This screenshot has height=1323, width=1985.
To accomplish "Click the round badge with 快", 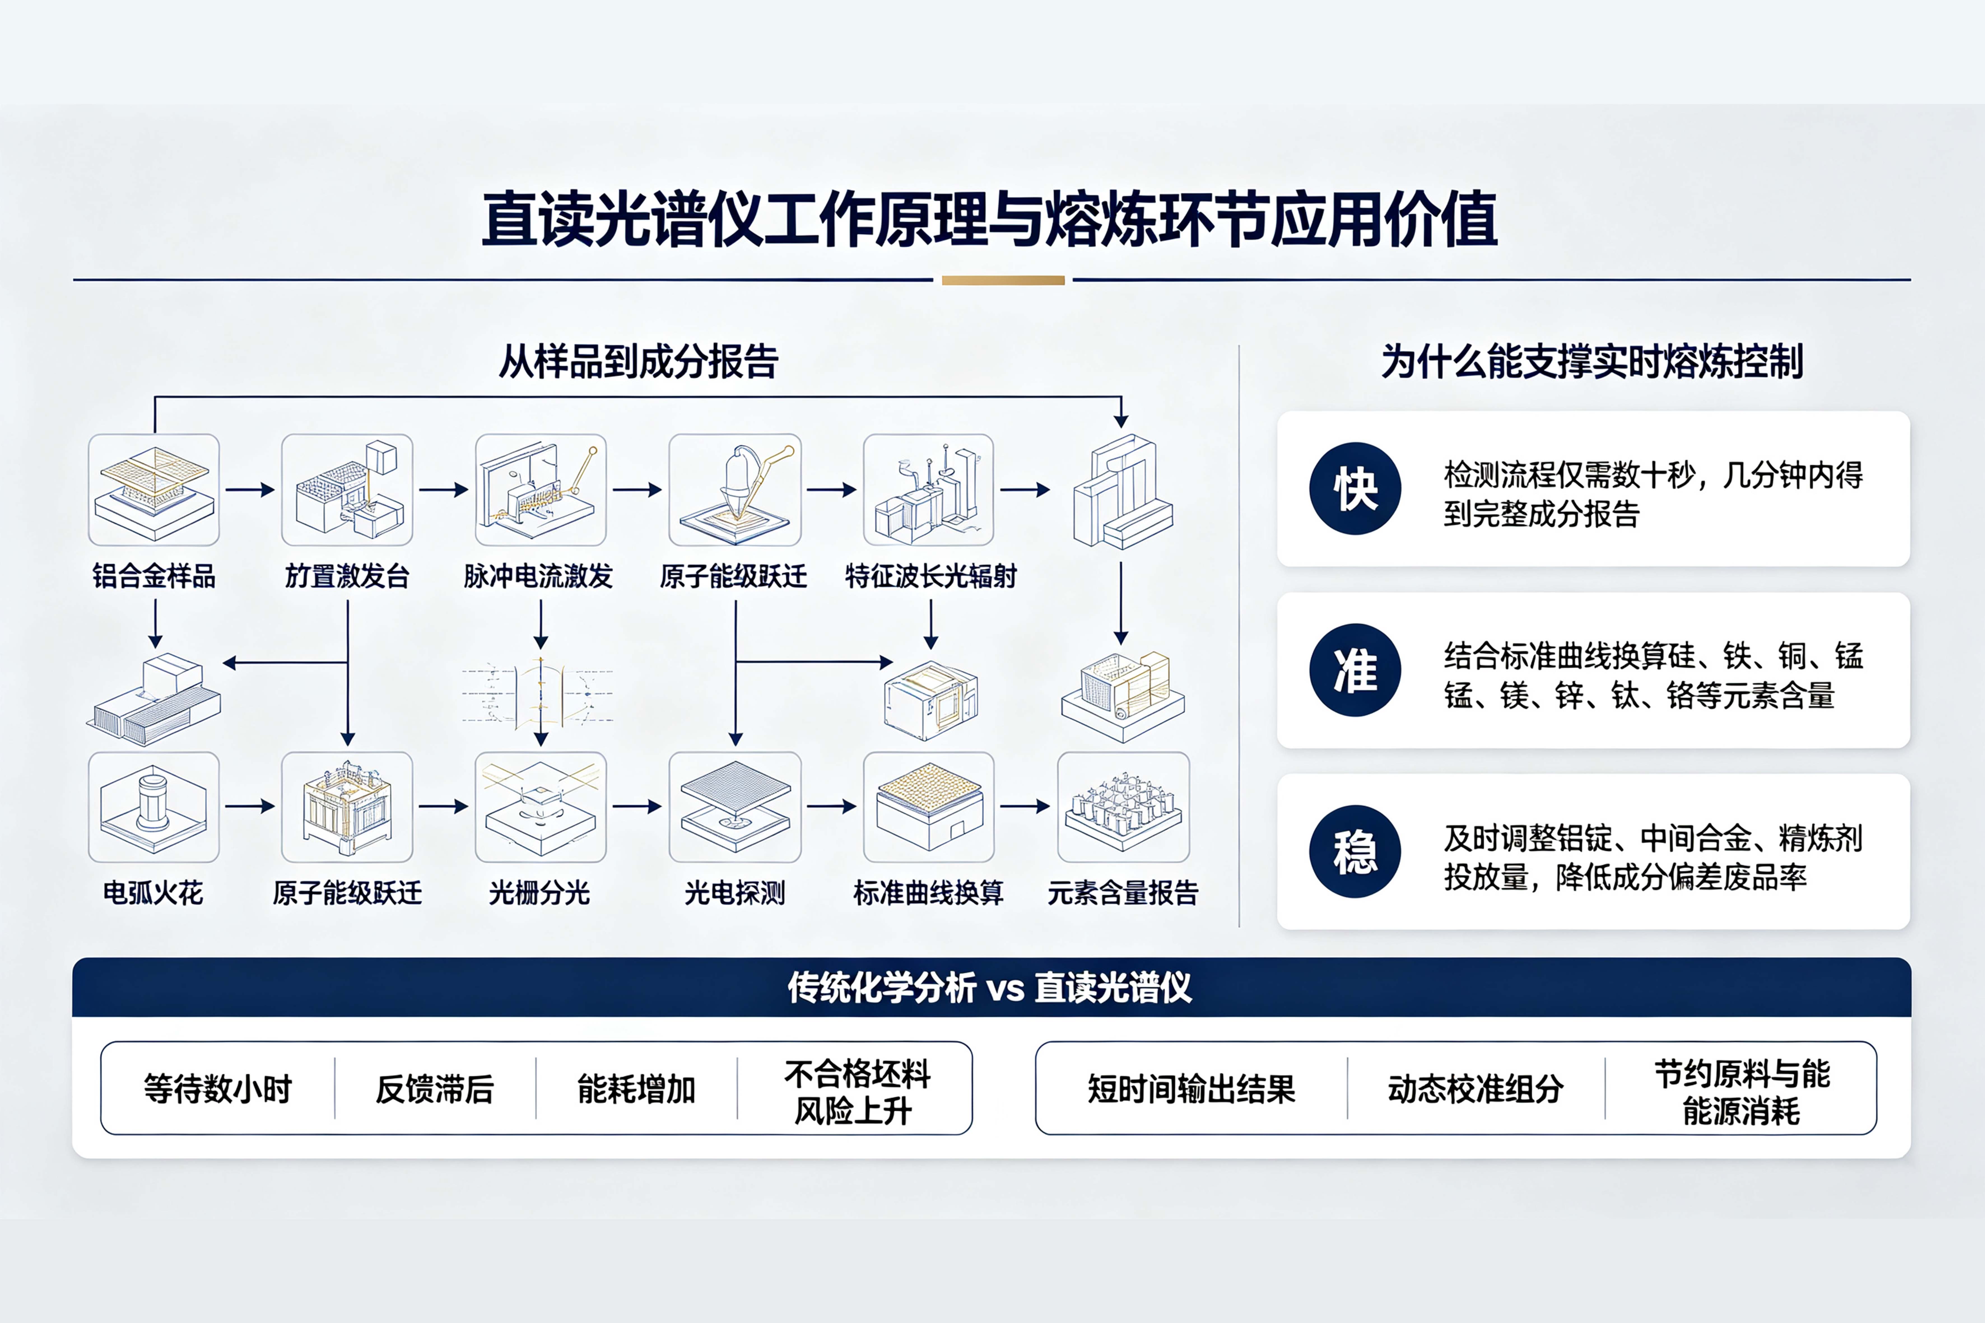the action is [x=1355, y=488].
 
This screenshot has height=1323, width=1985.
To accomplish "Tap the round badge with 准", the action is [x=1355, y=670].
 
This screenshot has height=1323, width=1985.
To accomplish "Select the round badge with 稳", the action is [x=1355, y=851].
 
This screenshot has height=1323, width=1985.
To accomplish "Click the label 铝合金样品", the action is [x=153, y=576].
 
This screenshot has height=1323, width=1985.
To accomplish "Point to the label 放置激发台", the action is [x=347, y=576].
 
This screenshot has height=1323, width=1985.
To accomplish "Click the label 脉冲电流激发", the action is [x=538, y=576].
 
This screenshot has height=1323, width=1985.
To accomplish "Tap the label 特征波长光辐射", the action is [x=930, y=576].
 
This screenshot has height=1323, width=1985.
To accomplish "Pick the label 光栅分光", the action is [x=539, y=893].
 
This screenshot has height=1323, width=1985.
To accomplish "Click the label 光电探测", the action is [x=735, y=893].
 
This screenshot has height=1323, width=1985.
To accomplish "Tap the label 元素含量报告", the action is [x=1123, y=893].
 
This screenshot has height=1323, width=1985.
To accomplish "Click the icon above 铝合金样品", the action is [x=153, y=489].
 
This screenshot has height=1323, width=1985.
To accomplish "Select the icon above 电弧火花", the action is [x=153, y=807].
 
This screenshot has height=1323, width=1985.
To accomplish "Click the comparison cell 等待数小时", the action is [x=218, y=1088].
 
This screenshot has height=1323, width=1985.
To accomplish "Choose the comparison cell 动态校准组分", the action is [x=1476, y=1088].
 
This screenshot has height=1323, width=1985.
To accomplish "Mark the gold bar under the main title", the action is [x=1003, y=280].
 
